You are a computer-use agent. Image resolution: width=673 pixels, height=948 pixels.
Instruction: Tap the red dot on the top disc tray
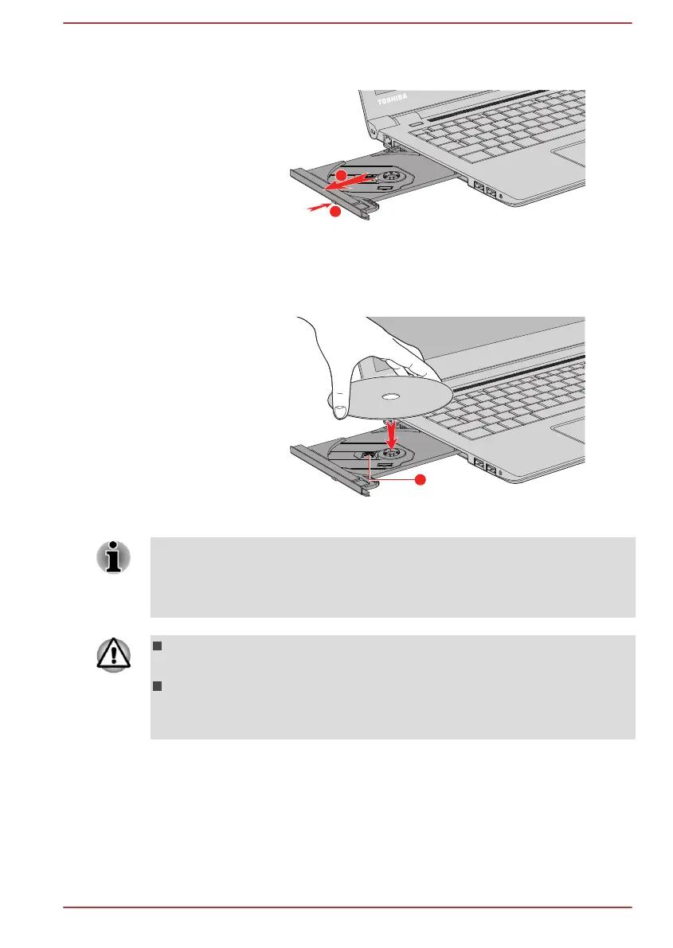340,174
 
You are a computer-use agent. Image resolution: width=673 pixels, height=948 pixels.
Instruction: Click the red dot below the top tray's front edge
335,213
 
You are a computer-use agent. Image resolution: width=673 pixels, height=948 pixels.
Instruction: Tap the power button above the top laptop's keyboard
415,123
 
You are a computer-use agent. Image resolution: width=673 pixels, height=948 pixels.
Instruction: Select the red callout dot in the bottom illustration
421,480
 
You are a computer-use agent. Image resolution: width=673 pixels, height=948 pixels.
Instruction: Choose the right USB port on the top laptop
491,192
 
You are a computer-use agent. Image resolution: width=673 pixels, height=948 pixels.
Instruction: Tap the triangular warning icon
112,654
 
